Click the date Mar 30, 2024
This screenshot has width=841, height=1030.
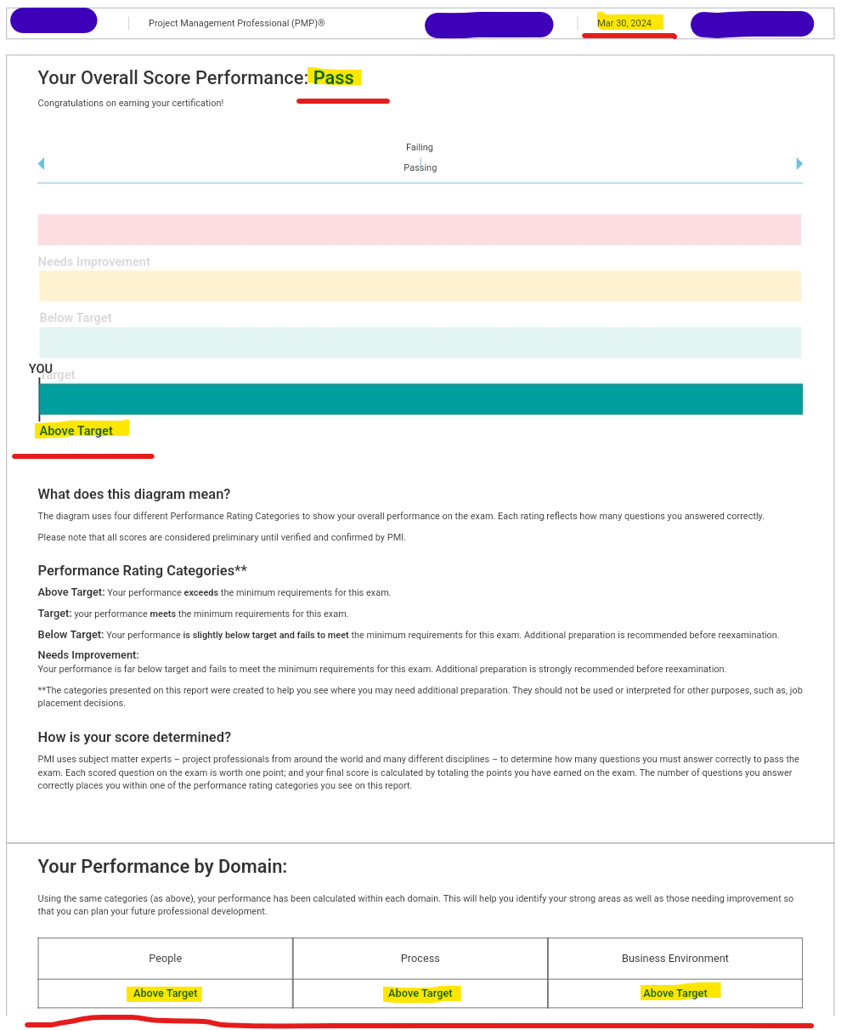[x=624, y=23]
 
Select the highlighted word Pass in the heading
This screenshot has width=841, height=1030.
[x=334, y=78]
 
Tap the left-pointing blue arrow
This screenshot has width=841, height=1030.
[x=41, y=164]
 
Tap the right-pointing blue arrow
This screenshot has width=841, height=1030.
[x=799, y=164]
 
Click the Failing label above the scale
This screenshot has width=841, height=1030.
[x=420, y=148]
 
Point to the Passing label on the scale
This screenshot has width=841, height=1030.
[x=420, y=168]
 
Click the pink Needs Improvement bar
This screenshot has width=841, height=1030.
[x=420, y=229]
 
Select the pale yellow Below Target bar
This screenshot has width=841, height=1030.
[x=420, y=286]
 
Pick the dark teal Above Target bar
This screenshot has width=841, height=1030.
[x=420, y=399]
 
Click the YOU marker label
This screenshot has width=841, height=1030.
[x=40, y=369]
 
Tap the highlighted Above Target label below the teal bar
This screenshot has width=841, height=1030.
[x=76, y=431]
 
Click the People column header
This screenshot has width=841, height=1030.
[x=166, y=959]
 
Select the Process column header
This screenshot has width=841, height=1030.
[x=420, y=959]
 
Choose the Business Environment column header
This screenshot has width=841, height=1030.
[x=675, y=959]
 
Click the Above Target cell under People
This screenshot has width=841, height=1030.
[x=166, y=993]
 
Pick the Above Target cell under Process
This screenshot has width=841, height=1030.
[x=420, y=993]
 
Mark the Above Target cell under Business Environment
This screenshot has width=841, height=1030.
[x=675, y=993]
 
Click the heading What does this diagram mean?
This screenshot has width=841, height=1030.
[x=134, y=495]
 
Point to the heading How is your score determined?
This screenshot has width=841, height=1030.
[x=134, y=738]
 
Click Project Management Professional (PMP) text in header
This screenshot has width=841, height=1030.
[x=236, y=24]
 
